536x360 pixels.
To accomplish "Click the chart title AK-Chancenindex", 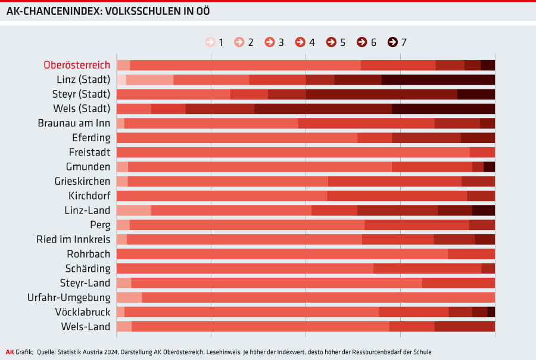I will [107, 11].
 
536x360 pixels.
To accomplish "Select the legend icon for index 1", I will [210, 42].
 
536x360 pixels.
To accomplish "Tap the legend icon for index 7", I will [392, 42].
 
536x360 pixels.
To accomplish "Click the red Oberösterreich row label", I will [77, 65].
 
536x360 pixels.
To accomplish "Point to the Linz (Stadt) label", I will [80, 79].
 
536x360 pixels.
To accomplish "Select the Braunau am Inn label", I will [74, 123].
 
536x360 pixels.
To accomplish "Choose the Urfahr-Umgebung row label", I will [69, 297].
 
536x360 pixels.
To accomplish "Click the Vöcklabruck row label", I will [83, 312].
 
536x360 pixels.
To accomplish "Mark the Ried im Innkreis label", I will [73, 239].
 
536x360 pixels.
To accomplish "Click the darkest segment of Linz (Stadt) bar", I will [438, 80].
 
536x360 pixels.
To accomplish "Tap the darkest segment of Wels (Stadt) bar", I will [443, 108].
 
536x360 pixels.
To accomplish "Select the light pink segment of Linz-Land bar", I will [133, 210].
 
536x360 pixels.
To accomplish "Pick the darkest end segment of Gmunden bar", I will [489, 167].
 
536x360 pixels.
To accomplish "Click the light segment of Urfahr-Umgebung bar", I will [129, 297].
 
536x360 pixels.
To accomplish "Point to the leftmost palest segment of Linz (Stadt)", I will [121, 80].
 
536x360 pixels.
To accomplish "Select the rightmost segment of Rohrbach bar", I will [471, 254].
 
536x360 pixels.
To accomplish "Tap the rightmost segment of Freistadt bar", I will [482, 152].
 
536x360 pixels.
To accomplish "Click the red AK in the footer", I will [10, 352].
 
